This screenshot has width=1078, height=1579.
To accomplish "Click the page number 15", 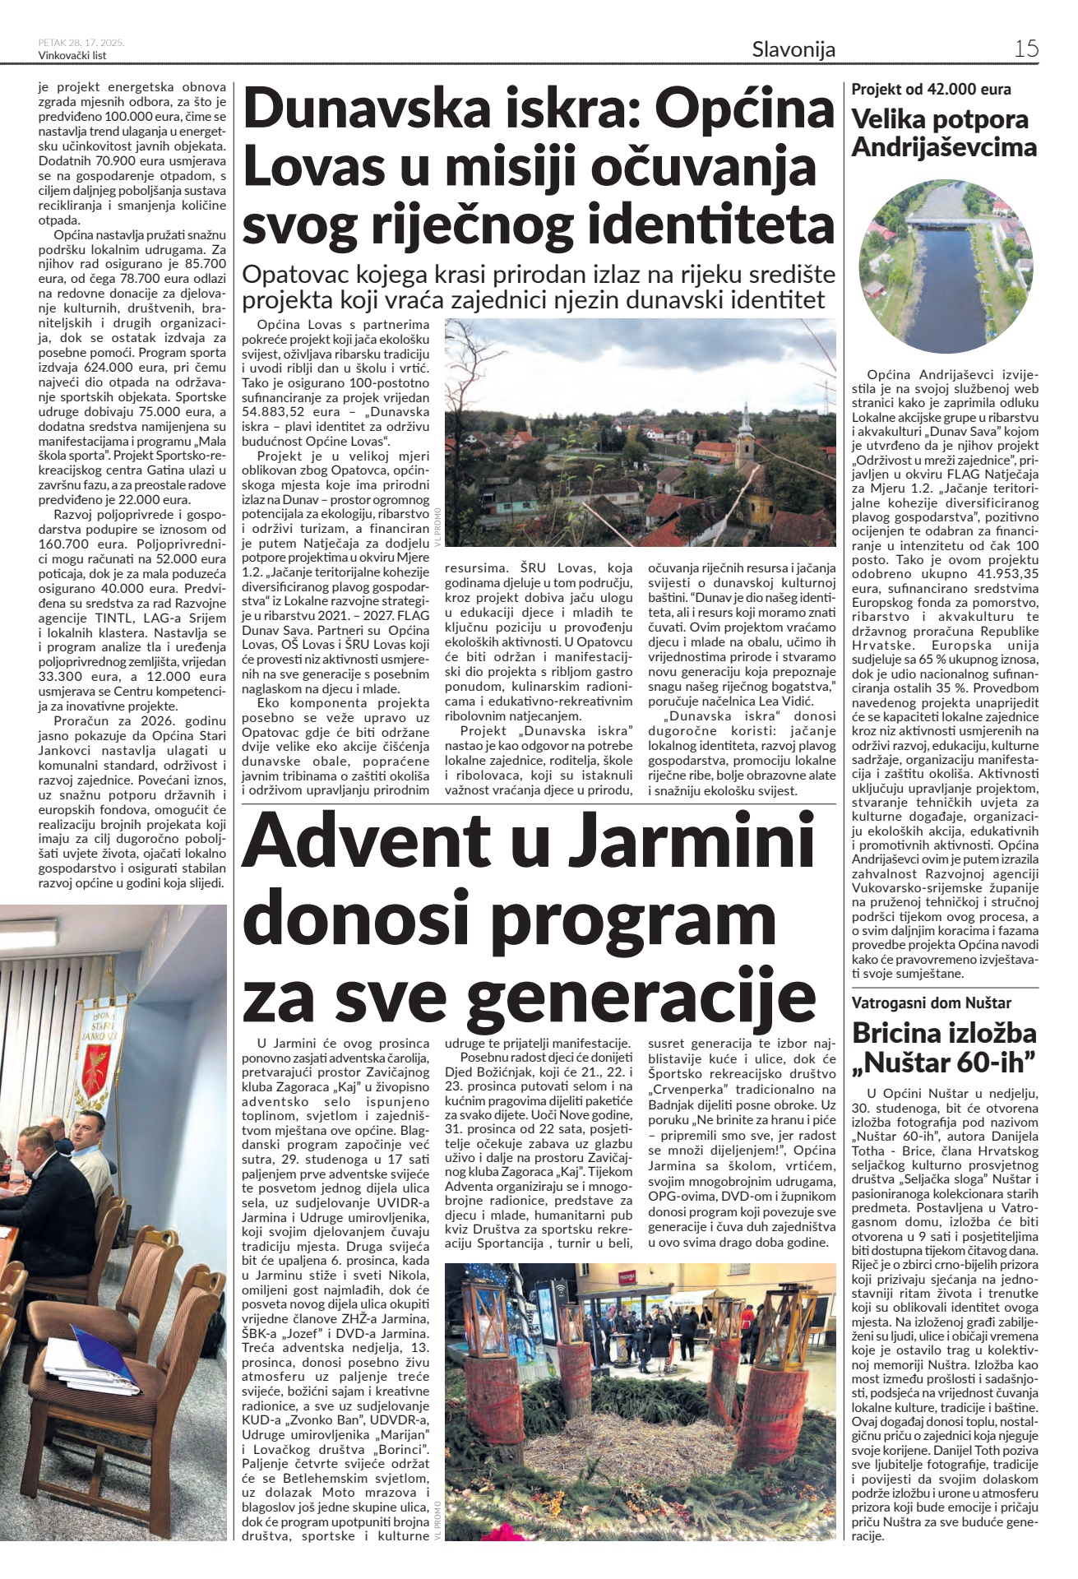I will click(1025, 49).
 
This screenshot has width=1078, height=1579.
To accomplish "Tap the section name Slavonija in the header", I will click(793, 49).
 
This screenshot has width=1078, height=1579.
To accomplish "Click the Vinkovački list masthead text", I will click(72, 56).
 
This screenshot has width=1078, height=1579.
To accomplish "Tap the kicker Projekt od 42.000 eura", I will click(931, 89).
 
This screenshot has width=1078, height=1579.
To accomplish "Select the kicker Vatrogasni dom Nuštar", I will click(931, 1003).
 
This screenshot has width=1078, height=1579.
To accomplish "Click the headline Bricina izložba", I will click(944, 1033).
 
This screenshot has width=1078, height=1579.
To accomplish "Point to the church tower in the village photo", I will click(744, 428).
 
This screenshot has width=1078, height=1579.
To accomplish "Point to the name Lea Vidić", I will click(786, 701).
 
